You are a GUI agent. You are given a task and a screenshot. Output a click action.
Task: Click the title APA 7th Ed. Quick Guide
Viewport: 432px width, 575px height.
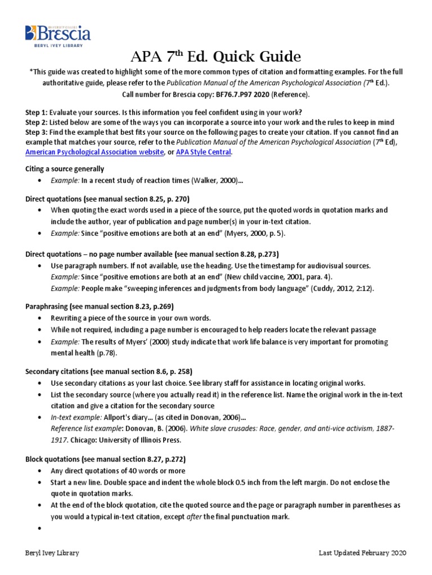click(x=215, y=57)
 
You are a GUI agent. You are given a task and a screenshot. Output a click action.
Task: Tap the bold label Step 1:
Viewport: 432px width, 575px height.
click(x=36, y=111)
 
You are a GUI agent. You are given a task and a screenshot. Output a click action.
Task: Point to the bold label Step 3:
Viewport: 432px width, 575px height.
click(x=36, y=132)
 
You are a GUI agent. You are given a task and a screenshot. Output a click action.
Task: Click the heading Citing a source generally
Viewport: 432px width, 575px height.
click(x=65, y=168)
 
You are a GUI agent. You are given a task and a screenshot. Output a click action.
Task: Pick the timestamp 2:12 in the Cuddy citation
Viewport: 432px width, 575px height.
click(x=362, y=288)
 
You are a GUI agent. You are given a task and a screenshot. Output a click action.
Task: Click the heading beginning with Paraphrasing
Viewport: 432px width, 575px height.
click(x=100, y=306)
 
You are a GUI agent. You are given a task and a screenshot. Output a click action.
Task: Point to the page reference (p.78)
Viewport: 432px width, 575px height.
click(x=106, y=353)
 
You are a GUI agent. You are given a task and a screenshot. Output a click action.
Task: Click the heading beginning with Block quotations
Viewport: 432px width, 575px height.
click(x=106, y=459)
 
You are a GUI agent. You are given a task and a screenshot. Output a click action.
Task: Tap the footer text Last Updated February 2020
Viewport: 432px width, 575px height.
click(x=362, y=553)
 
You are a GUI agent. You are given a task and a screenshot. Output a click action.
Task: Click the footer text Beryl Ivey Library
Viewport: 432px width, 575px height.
click(x=52, y=553)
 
